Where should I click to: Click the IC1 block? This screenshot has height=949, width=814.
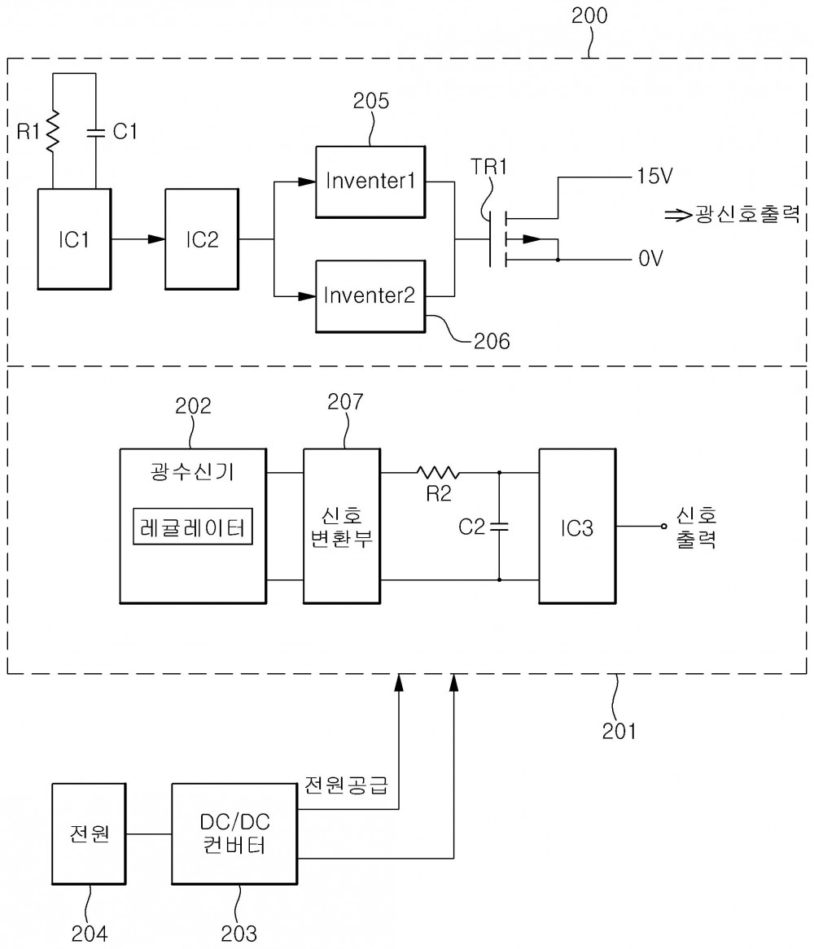[x=74, y=239]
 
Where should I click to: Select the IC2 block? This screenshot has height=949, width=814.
[x=202, y=239]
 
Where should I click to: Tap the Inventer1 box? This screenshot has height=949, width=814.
[x=370, y=181]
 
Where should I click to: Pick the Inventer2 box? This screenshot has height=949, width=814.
[x=370, y=296]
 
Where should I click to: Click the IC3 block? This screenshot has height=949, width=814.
[x=577, y=526]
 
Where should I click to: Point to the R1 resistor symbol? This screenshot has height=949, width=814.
[x=53, y=131]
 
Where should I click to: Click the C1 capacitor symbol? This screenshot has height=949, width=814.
[x=95, y=133]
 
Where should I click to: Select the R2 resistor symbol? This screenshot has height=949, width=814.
[x=438, y=472]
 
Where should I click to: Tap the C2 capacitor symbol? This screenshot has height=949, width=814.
[x=499, y=526]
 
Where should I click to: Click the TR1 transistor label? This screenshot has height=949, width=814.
[x=489, y=166]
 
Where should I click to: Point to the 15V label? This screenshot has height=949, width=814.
[x=654, y=176]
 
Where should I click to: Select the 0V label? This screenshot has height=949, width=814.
[x=650, y=259]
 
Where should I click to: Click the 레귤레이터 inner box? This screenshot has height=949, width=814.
[x=192, y=527]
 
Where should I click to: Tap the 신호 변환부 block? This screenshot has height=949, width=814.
[x=342, y=526]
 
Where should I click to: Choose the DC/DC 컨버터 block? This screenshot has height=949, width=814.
[x=234, y=834]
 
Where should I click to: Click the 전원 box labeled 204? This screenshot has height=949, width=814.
[x=89, y=834]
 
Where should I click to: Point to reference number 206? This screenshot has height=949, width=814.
[x=492, y=341]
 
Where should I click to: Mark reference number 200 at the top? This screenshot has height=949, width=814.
[x=589, y=15]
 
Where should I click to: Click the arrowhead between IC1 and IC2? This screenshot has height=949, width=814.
[x=156, y=239]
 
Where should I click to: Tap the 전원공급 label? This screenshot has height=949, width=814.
[x=346, y=785]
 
